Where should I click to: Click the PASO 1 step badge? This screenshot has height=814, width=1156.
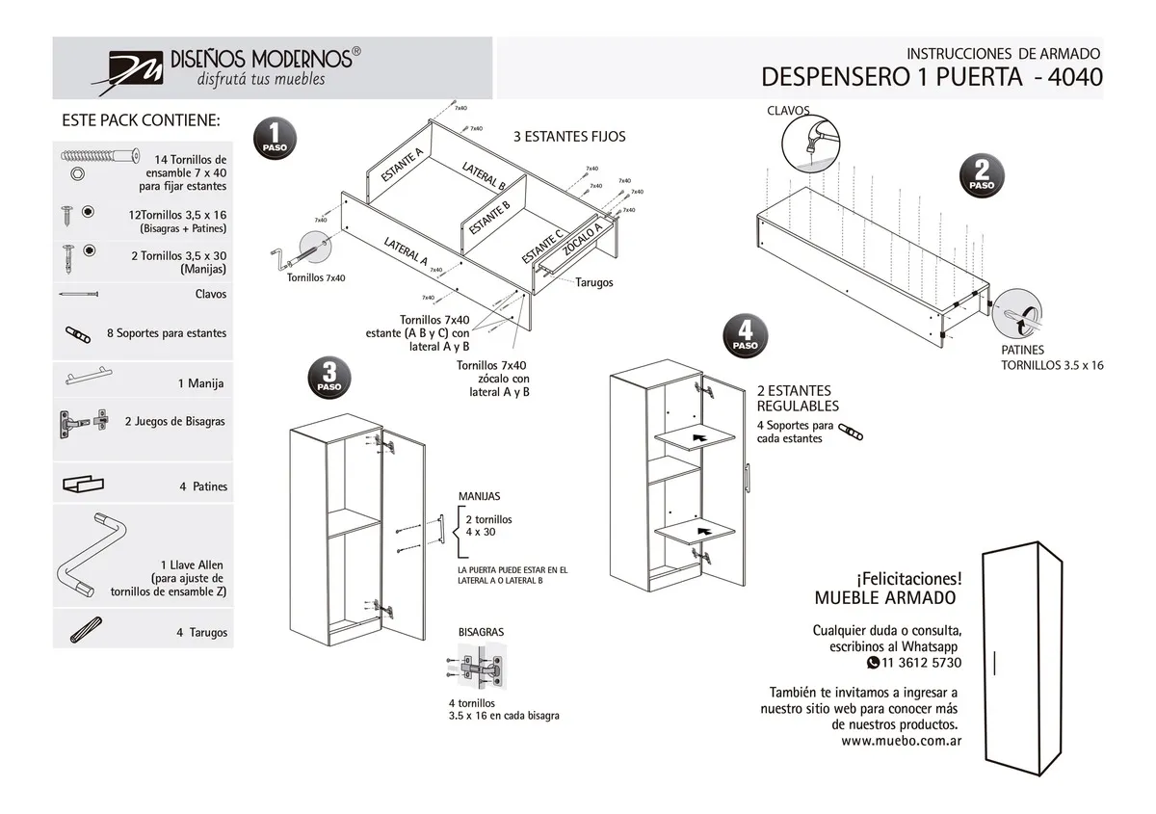(275, 140)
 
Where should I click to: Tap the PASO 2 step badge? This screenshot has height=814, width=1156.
(982, 176)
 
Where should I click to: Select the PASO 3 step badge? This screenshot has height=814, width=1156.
(329, 378)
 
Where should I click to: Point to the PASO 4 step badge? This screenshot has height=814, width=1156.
(745, 336)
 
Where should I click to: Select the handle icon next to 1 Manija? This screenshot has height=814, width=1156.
(96, 377)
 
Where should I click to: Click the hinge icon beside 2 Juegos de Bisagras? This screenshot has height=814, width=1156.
(83, 421)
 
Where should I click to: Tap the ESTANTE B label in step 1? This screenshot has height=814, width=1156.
(488, 220)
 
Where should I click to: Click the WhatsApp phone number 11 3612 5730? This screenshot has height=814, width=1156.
(920, 663)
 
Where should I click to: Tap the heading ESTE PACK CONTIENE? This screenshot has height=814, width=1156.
(141, 121)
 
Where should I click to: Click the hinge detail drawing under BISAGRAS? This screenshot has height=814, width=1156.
(478, 666)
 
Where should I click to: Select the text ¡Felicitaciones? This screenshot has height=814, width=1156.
(907, 578)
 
